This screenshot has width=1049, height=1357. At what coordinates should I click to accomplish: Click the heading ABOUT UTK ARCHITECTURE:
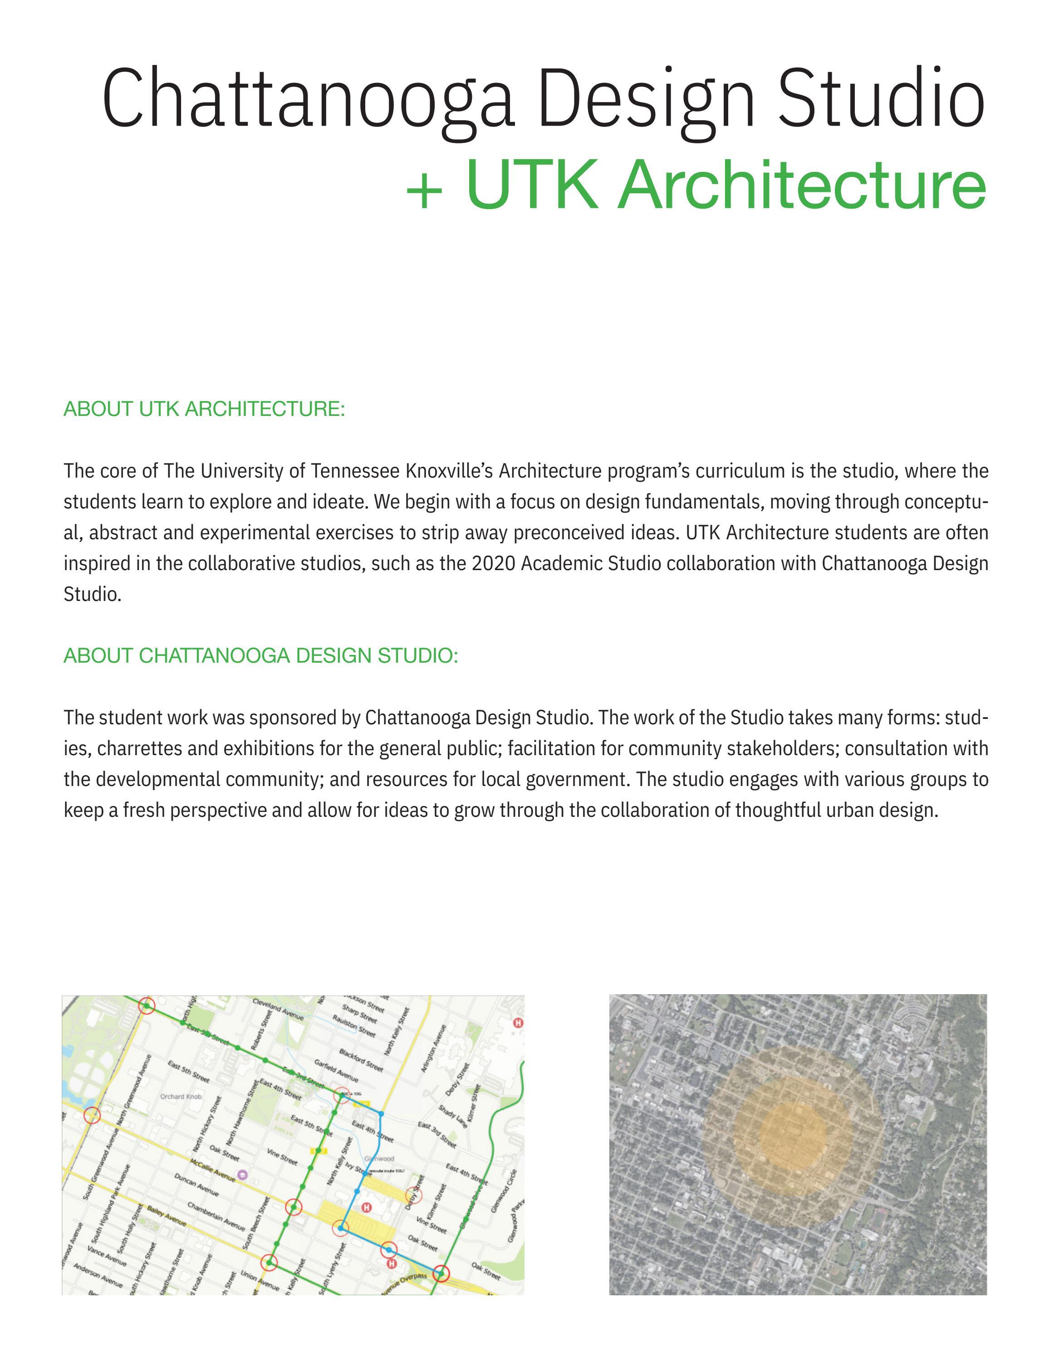(x=204, y=410)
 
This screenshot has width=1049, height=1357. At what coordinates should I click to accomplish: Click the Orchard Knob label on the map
(x=181, y=1097)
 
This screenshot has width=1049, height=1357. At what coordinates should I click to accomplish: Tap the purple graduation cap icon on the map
(x=242, y=1174)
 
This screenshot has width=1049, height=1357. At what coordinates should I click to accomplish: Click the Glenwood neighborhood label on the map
(x=379, y=1159)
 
